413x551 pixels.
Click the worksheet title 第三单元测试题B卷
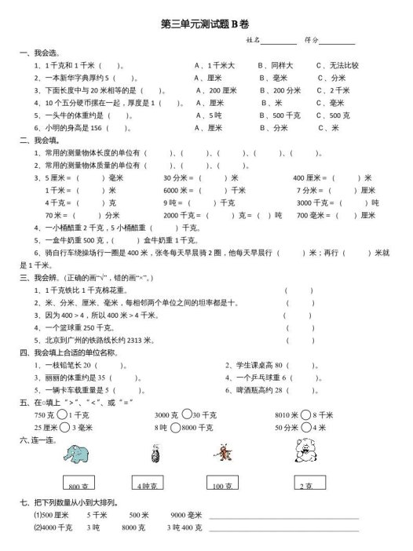coord(206,24)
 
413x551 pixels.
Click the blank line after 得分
coord(337,41)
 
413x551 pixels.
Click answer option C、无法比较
coord(338,66)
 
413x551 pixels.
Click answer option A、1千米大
coord(214,66)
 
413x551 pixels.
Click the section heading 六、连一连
coord(38,440)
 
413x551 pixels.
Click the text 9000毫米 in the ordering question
coord(186,515)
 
